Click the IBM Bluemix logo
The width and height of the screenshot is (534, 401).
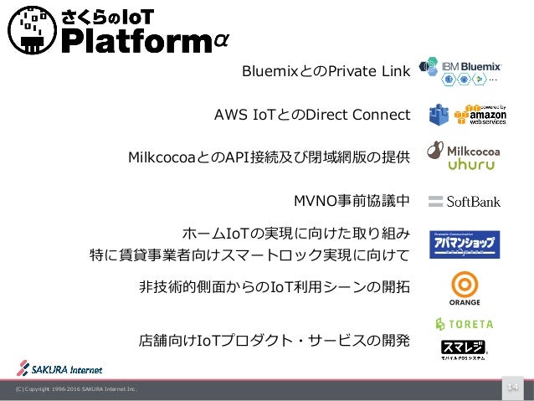pyautogui.click(x=462, y=70)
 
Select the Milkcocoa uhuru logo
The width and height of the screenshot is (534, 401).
pyautogui.click(x=464, y=157)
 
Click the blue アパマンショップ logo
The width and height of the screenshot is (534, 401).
pyautogui.click(x=465, y=244)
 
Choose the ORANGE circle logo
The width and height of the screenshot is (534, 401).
pyautogui.click(x=465, y=288)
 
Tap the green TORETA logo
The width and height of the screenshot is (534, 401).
pyautogui.click(x=465, y=323)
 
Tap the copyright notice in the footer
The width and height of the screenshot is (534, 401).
pyautogui.click(x=71, y=389)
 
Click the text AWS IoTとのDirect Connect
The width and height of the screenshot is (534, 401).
pyautogui.click(x=312, y=115)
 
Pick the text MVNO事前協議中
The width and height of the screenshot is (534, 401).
pyautogui.click(x=351, y=201)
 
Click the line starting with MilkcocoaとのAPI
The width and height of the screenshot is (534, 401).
pyautogui.click(x=269, y=157)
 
